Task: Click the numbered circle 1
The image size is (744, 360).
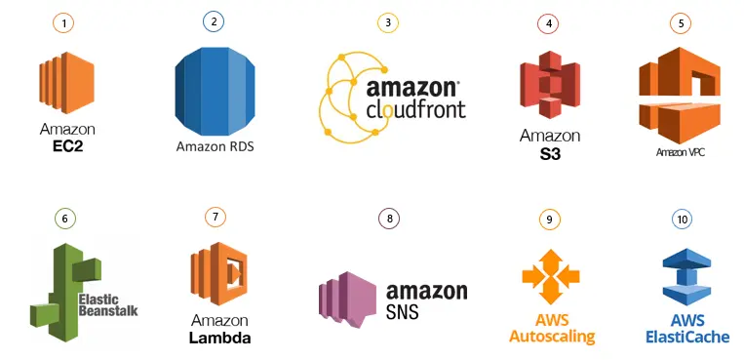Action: pyautogui.click(x=63, y=22)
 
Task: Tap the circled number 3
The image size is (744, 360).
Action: pyautogui.click(x=388, y=22)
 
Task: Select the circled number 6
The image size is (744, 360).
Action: pyautogui.click(x=64, y=219)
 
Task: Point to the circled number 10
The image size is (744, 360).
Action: pyautogui.click(x=682, y=219)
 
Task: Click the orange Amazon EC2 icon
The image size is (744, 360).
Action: pyautogui.click(x=65, y=85)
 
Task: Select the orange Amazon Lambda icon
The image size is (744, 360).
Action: pyautogui.click(x=218, y=274)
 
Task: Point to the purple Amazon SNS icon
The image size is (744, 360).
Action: pyautogui.click(x=348, y=294)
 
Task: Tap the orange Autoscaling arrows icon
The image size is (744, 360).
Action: pyautogui.click(x=551, y=276)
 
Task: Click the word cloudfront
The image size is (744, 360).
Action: pyautogui.click(x=416, y=108)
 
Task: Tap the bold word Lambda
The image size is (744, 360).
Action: pyautogui.click(x=219, y=339)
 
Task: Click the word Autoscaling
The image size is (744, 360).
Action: pyautogui.click(x=551, y=338)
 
